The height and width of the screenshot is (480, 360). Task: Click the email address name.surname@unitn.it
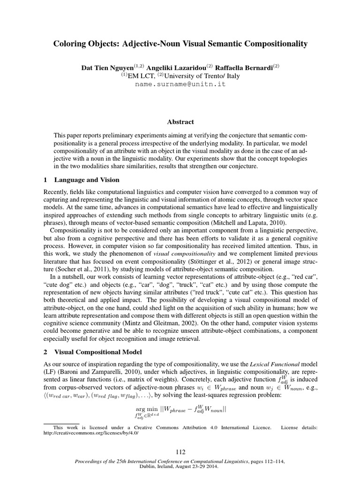pyautogui.click(x=180, y=84)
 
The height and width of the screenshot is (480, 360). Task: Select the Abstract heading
pyautogui.click(x=180, y=122)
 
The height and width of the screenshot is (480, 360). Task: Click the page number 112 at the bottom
pyautogui.click(x=180, y=452)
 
